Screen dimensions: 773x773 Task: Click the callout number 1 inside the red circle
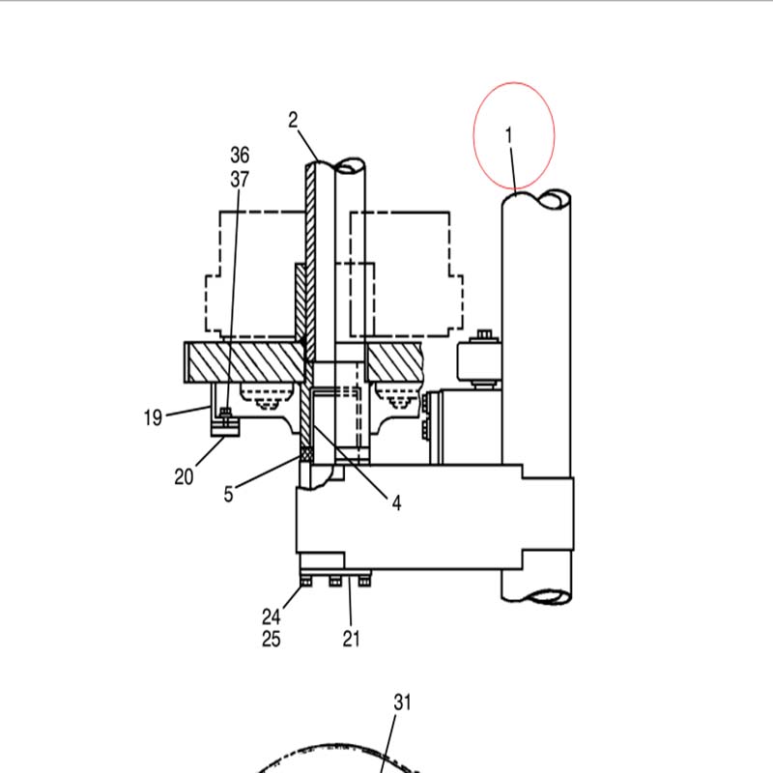pos(509,135)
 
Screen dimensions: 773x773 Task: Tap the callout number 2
pos(294,120)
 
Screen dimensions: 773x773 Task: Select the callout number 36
pos(240,155)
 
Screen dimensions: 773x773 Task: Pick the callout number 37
pos(240,179)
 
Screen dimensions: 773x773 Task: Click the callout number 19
pos(153,417)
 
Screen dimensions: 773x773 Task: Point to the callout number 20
pos(184,476)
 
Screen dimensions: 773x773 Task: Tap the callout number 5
pos(228,494)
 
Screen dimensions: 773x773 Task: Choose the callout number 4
pos(397,503)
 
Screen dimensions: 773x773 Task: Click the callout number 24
pos(272,616)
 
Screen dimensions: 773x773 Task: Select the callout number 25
pos(272,639)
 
